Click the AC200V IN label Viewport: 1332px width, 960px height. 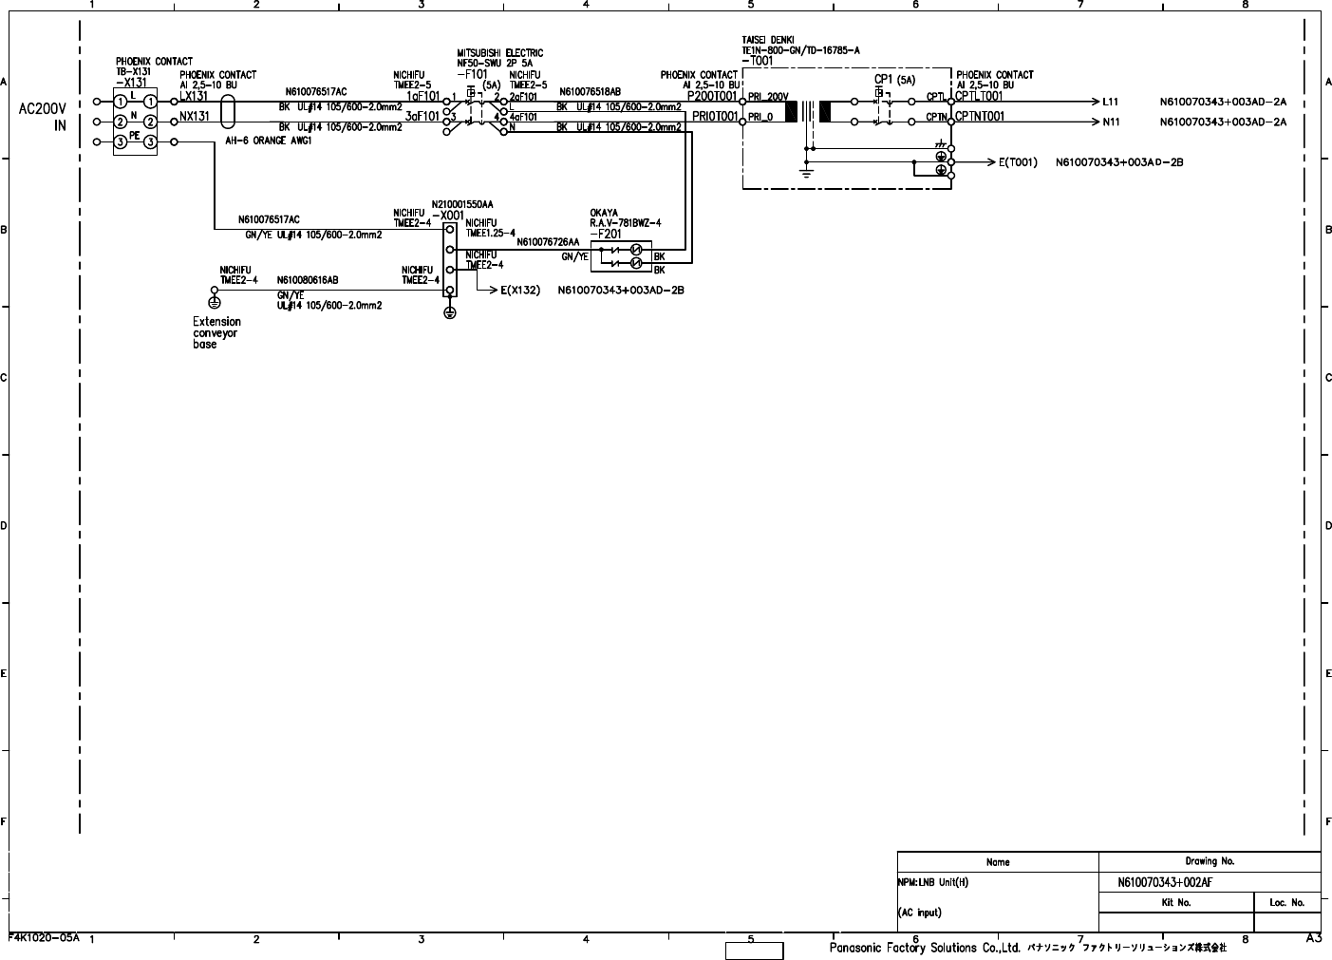43,117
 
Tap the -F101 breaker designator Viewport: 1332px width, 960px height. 472,73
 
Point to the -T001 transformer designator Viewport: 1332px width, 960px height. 758,61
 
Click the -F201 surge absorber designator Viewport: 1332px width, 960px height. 606,234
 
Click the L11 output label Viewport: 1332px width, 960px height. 1111,102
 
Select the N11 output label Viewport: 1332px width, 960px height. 1111,122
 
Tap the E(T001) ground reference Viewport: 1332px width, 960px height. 1018,162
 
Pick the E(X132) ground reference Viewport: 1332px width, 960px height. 520,291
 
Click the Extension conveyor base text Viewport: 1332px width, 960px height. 216,333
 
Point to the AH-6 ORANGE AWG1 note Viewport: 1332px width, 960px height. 269,141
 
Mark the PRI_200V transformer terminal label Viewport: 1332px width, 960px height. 768,97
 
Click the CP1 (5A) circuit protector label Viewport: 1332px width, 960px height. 893,81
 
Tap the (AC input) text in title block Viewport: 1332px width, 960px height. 919,913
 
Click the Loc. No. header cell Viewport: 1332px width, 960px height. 1286,902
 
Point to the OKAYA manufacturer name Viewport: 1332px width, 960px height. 604,213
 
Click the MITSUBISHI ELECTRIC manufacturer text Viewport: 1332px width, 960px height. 500,53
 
